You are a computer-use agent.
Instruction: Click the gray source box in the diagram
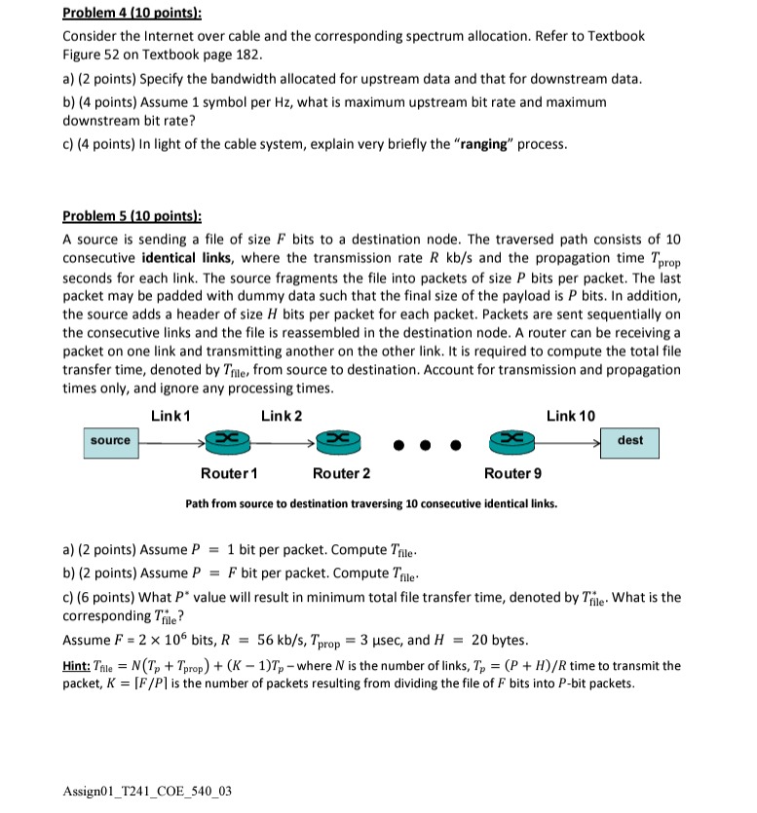pos(110,441)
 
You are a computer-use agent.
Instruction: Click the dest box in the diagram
pos(630,441)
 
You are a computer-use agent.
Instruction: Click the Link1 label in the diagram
pos(170,417)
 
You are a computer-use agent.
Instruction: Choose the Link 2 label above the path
pos(282,417)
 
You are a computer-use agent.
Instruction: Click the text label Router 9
pos(512,474)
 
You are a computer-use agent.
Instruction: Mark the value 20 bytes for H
pos(499,641)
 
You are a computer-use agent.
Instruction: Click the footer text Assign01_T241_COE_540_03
pos(148,791)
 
